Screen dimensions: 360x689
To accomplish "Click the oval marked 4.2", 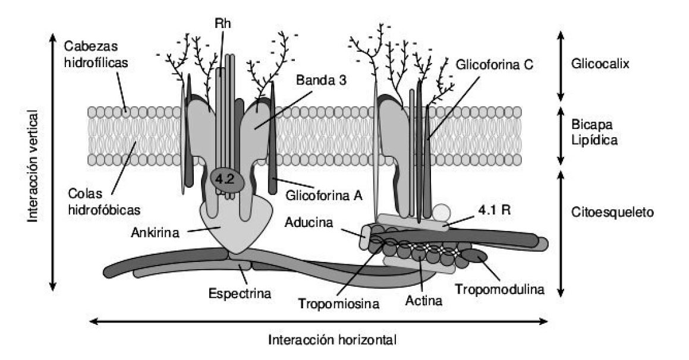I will (x=225, y=179).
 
